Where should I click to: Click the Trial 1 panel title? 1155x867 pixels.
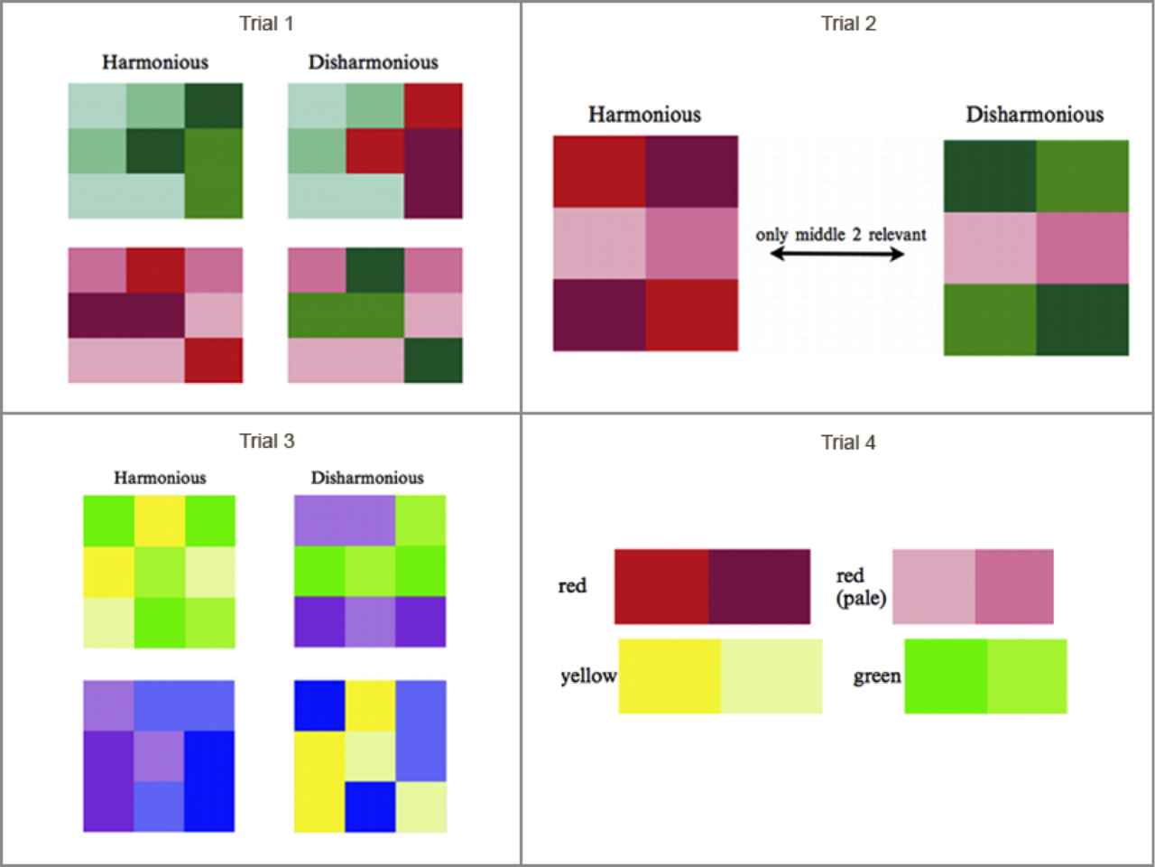(266, 23)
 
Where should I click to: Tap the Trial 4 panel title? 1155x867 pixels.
(848, 443)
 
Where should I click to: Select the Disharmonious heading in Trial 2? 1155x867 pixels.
(1034, 115)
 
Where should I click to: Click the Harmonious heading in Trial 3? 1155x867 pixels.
(160, 478)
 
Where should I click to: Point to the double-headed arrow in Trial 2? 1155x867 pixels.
(837, 255)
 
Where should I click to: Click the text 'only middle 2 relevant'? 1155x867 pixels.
(841, 234)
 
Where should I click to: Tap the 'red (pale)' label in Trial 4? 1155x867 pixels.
(862, 587)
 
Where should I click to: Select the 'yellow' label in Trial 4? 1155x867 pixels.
(588, 676)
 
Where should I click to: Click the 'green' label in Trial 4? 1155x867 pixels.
(877, 676)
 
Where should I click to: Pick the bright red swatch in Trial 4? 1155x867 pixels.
(661, 587)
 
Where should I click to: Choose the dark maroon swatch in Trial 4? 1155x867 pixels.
(759, 587)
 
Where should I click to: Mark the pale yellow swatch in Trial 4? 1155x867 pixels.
(772, 676)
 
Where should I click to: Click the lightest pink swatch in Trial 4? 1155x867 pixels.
(933, 587)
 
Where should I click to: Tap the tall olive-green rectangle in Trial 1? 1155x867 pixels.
(214, 173)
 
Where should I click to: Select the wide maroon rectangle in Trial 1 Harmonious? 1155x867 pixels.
(126, 315)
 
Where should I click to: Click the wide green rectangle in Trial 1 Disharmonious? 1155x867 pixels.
(346, 315)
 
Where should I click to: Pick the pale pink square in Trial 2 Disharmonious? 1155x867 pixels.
(990, 248)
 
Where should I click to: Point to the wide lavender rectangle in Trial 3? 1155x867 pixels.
(345, 520)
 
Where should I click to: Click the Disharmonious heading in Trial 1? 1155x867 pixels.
(373, 62)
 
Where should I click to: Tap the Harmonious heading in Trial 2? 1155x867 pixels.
(644, 115)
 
